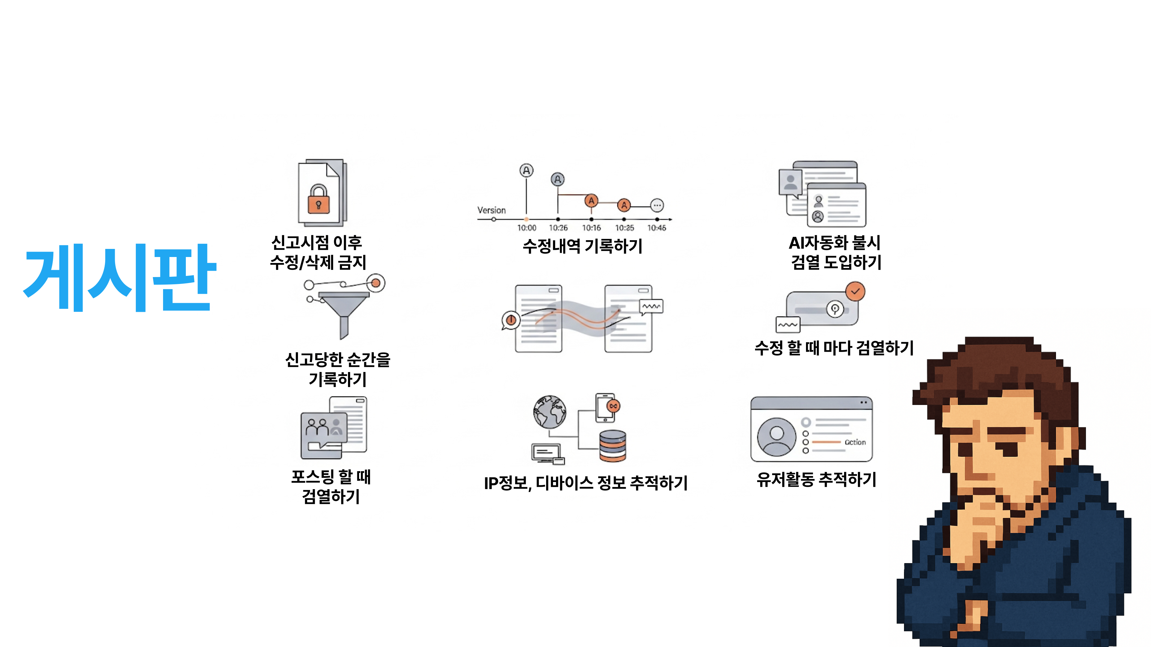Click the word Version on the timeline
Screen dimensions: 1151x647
pos(492,210)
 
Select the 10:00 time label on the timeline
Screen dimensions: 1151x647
pos(526,228)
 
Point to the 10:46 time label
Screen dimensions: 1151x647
pos(656,228)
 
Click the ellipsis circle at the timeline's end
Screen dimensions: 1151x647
pos(657,205)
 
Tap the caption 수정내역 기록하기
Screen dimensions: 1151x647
pos(582,246)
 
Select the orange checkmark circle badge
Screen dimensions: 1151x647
pos(855,291)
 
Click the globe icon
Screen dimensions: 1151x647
pos(550,411)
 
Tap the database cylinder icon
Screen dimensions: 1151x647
pos(613,446)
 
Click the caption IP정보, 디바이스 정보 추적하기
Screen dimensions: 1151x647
pos(586,483)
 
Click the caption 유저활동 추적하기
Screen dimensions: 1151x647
pos(816,480)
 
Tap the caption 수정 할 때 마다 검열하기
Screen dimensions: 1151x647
pos(834,348)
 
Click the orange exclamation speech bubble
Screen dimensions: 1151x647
pos(511,320)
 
